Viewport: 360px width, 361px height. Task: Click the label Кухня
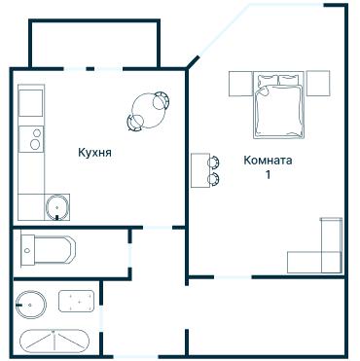(x=94, y=153)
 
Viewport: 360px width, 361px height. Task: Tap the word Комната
(x=268, y=161)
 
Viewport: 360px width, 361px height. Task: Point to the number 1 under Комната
(x=269, y=174)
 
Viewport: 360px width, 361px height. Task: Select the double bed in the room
(x=278, y=105)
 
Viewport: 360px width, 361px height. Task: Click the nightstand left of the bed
(x=240, y=84)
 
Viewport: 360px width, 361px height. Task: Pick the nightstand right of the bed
(x=318, y=84)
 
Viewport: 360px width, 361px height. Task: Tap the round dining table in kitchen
(x=148, y=110)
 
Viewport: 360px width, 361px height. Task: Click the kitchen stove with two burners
(x=31, y=139)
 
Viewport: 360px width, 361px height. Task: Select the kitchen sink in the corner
(x=57, y=207)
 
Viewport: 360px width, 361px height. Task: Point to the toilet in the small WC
(x=48, y=250)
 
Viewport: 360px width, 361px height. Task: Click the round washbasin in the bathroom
(x=31, y=305)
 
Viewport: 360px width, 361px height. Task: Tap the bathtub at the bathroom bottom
(x=54, y=342)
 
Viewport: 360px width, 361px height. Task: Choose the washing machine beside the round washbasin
(x=77, y=302)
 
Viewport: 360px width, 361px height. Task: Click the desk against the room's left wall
(x=200, y=170)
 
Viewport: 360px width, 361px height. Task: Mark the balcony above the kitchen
(x=94, y=44)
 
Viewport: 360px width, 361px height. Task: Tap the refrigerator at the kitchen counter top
(x=31, y=103)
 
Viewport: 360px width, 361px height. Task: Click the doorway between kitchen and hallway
(x=158, y=228)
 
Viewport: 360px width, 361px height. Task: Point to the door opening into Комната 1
(x=233, y=277)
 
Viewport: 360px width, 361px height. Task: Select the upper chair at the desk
(x=214, y=162)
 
